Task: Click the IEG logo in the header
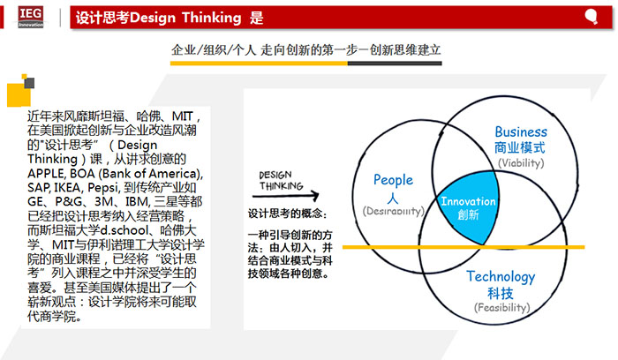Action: pyautogui.click(x=30, y=17)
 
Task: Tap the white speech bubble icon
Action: pyautogui.click(x=592, y=17)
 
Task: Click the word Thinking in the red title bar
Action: pyautogui.click(x=211, y=18)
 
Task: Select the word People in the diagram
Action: pyautogui.click(x=393, y=180)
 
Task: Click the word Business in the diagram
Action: pyautogui.click(x=521, y=131)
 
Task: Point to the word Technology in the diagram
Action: pyautogui.click(x=501, y=277)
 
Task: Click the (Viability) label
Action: pyautogui.click(x=521, y=163)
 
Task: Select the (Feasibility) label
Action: pyautogui.click(x=501, y=307)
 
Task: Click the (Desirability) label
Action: pyautogui.click(x=394, y=211)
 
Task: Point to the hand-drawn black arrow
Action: pyautogui.click(x=285, y=195)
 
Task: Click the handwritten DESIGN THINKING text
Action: pyautogui.click(x=281, y=180)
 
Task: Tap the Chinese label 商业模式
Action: pyautogui.click(x=520, y=148)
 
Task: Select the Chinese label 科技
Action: pyautogui.click(x=501, y=294)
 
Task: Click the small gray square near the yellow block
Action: pyautogui.click(x=29, y=83)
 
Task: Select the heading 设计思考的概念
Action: pyautogui.click(x=287, y=214)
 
